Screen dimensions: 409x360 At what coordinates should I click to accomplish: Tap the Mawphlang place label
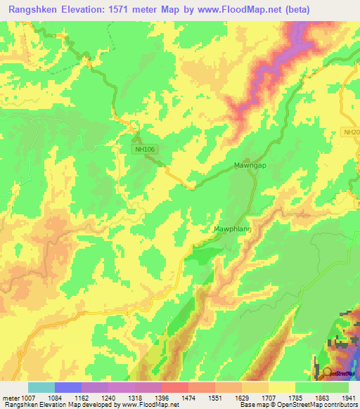[x=232, y=229]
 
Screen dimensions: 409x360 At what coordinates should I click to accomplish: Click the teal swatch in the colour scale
[x=41, y=387]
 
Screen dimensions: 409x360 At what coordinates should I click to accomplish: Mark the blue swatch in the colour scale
[x=68, y=387]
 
